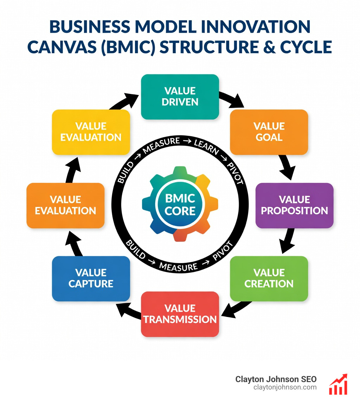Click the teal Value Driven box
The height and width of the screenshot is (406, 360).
180,97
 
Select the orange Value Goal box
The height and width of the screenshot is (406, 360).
269,132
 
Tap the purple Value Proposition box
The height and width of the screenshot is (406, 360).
294,205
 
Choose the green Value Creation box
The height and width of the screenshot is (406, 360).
269,278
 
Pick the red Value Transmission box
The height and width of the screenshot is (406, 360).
180,314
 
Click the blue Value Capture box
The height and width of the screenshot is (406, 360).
91,278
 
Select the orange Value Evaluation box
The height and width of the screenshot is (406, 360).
65,205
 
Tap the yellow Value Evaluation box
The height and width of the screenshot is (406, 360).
91,132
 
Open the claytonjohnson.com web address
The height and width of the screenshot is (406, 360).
285,387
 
